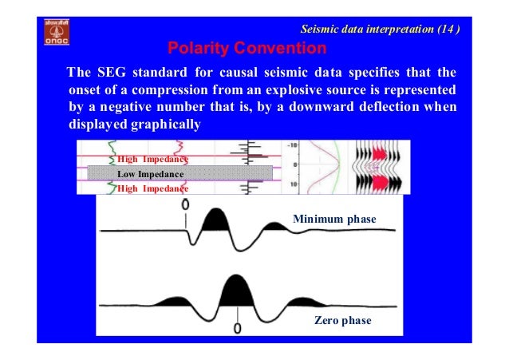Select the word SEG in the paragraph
click(111, 76)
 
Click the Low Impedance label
click(151, 173)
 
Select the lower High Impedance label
click(152, 188)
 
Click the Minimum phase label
click(333, 218)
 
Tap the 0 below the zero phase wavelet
click(238, 326)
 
